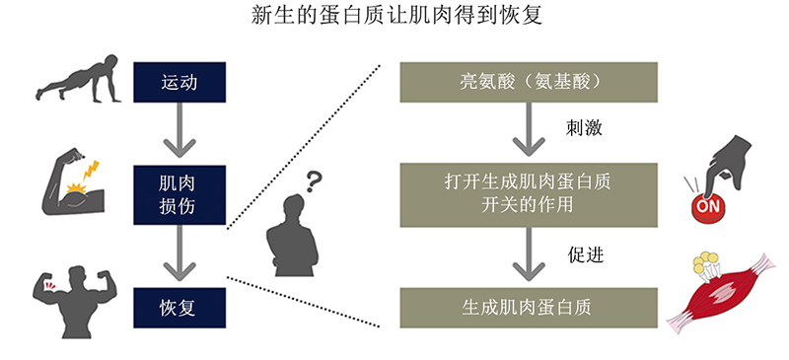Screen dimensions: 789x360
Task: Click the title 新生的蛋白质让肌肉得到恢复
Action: [x=396, y=16]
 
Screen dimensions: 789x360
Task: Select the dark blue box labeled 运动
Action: [x=179, y=82]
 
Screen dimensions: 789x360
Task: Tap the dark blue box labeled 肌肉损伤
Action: [x=179, y=194]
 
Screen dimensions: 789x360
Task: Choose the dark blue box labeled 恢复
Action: [x=179, y=308]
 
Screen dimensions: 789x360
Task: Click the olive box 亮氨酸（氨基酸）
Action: [x=529, y=82]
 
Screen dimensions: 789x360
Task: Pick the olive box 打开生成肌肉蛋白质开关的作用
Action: [x=529, y=194]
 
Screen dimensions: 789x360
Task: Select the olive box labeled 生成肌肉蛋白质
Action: [x=529, y=308]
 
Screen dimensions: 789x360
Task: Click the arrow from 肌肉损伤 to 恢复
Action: [x=179, y=253]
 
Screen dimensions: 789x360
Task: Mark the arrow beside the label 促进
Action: [x=529, y=254]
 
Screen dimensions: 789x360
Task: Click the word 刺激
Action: [x=584, y=128]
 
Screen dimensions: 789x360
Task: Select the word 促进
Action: [x=586, y=254]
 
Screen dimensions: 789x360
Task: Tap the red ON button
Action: [x=708, y=209]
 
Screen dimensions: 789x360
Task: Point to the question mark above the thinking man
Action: [x=314, y=182]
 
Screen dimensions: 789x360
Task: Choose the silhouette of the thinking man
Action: [x=293, y=235]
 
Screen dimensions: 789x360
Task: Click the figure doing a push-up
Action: [x=79, y=79]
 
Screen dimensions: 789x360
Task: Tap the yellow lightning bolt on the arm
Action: [x=91, y=171]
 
